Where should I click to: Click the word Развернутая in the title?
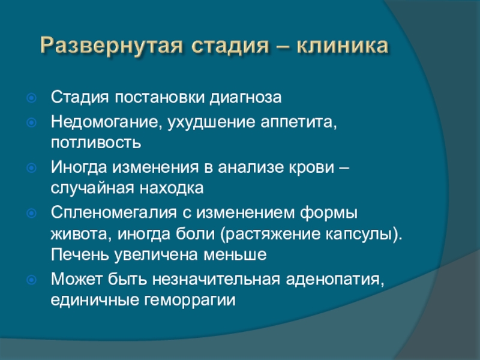(112, 46)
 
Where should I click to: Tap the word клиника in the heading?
(342, 46)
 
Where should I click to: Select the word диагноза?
(245, 98)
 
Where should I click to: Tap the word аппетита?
(299, 122)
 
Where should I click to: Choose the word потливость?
(96, 143)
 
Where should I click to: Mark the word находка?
(172, 188)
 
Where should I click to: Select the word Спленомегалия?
(114, 213)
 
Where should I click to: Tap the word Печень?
(80, 254)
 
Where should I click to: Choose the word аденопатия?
(335, 280)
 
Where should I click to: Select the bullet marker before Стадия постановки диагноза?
(32, 98)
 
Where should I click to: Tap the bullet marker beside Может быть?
(32, 280)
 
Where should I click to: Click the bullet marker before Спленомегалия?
(32, 213)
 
